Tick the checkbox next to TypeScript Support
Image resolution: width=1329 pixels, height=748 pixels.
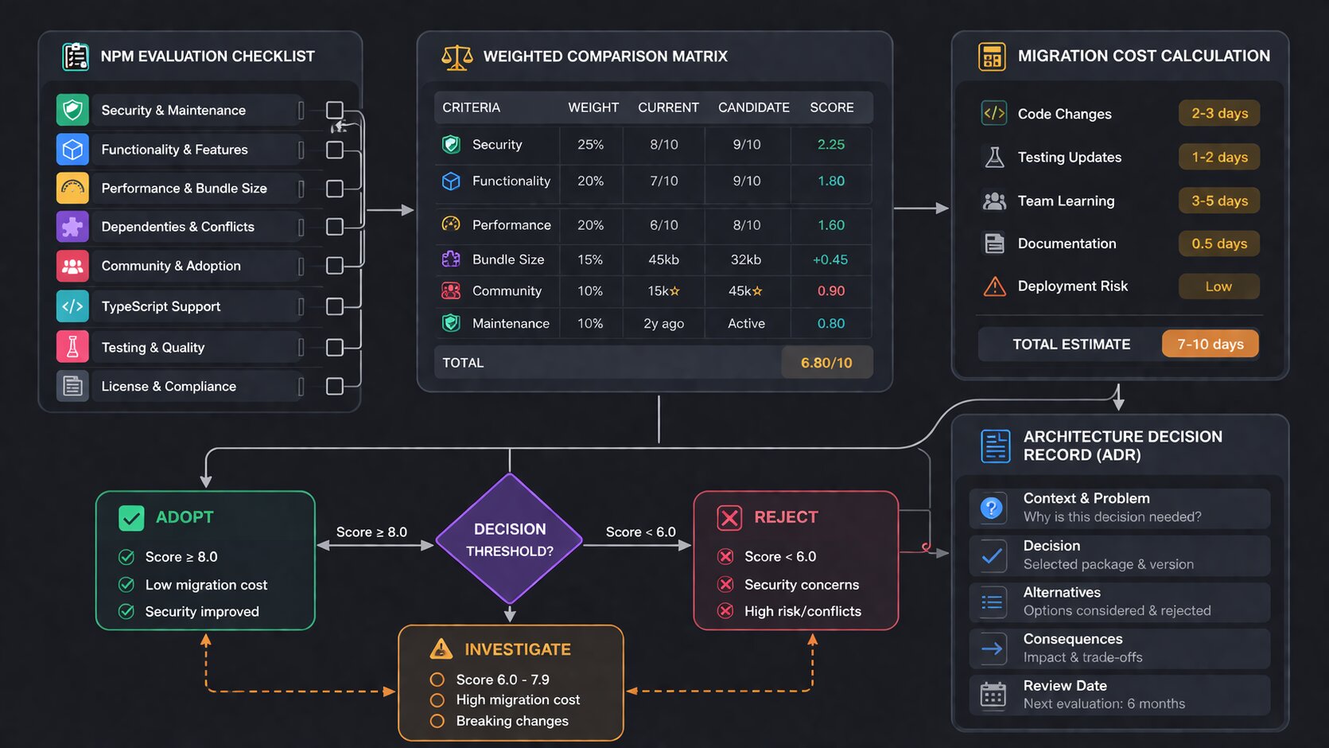[335, 306]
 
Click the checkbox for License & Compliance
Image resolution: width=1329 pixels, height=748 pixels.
[335, 386]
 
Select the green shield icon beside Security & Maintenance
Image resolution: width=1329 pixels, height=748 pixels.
[72, 110]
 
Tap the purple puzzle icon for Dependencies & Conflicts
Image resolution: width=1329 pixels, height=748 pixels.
[72, 227]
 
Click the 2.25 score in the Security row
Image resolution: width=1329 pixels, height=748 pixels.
[831, 145]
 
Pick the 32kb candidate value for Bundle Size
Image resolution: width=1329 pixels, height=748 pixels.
[746, 259]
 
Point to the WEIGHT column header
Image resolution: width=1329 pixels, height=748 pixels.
[593, 107]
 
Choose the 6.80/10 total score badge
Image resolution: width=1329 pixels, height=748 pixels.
[826, 363]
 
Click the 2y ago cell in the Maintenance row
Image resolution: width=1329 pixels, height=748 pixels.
[663, 324]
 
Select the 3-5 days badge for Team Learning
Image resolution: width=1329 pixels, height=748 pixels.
[1219, 201]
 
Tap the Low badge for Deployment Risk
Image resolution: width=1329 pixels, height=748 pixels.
[1218, 286]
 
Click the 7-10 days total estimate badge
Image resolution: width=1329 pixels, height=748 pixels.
[1210, 345]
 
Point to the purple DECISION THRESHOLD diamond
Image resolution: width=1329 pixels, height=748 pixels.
[510, 540]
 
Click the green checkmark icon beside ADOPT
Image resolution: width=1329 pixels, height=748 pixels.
[131, 518]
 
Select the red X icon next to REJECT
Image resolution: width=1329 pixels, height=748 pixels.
[729, 518]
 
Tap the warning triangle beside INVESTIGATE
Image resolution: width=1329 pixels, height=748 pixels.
[441, 649]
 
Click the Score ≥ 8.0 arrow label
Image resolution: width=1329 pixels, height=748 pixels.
[371, 532]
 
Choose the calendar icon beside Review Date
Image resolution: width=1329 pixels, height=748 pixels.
[993, 695]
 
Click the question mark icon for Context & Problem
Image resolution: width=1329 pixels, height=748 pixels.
[992, 508]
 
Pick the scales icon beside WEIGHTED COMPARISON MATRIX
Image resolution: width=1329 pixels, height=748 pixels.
[457, 57]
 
